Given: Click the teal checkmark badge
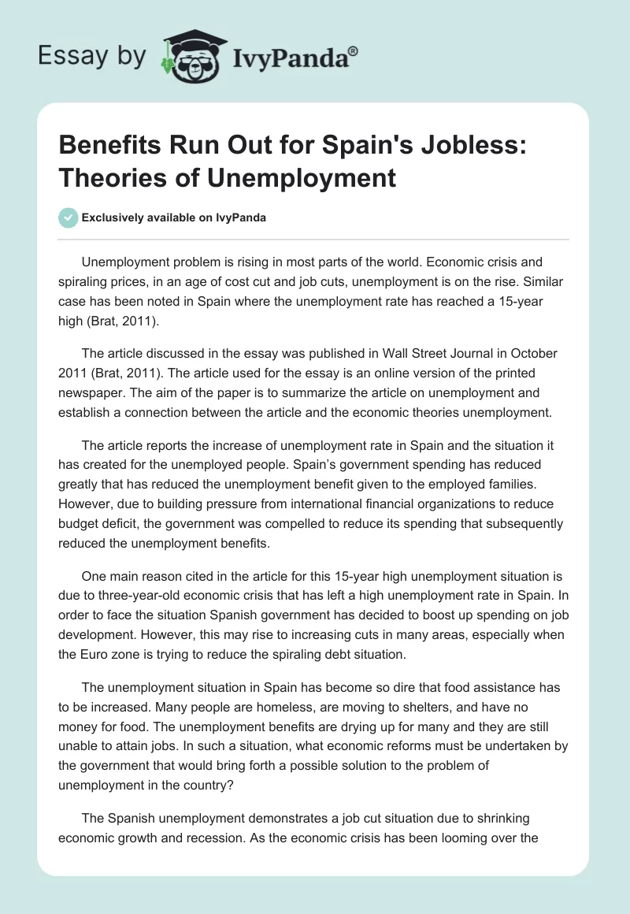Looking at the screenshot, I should pyautogui.click(x=68, y=217).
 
